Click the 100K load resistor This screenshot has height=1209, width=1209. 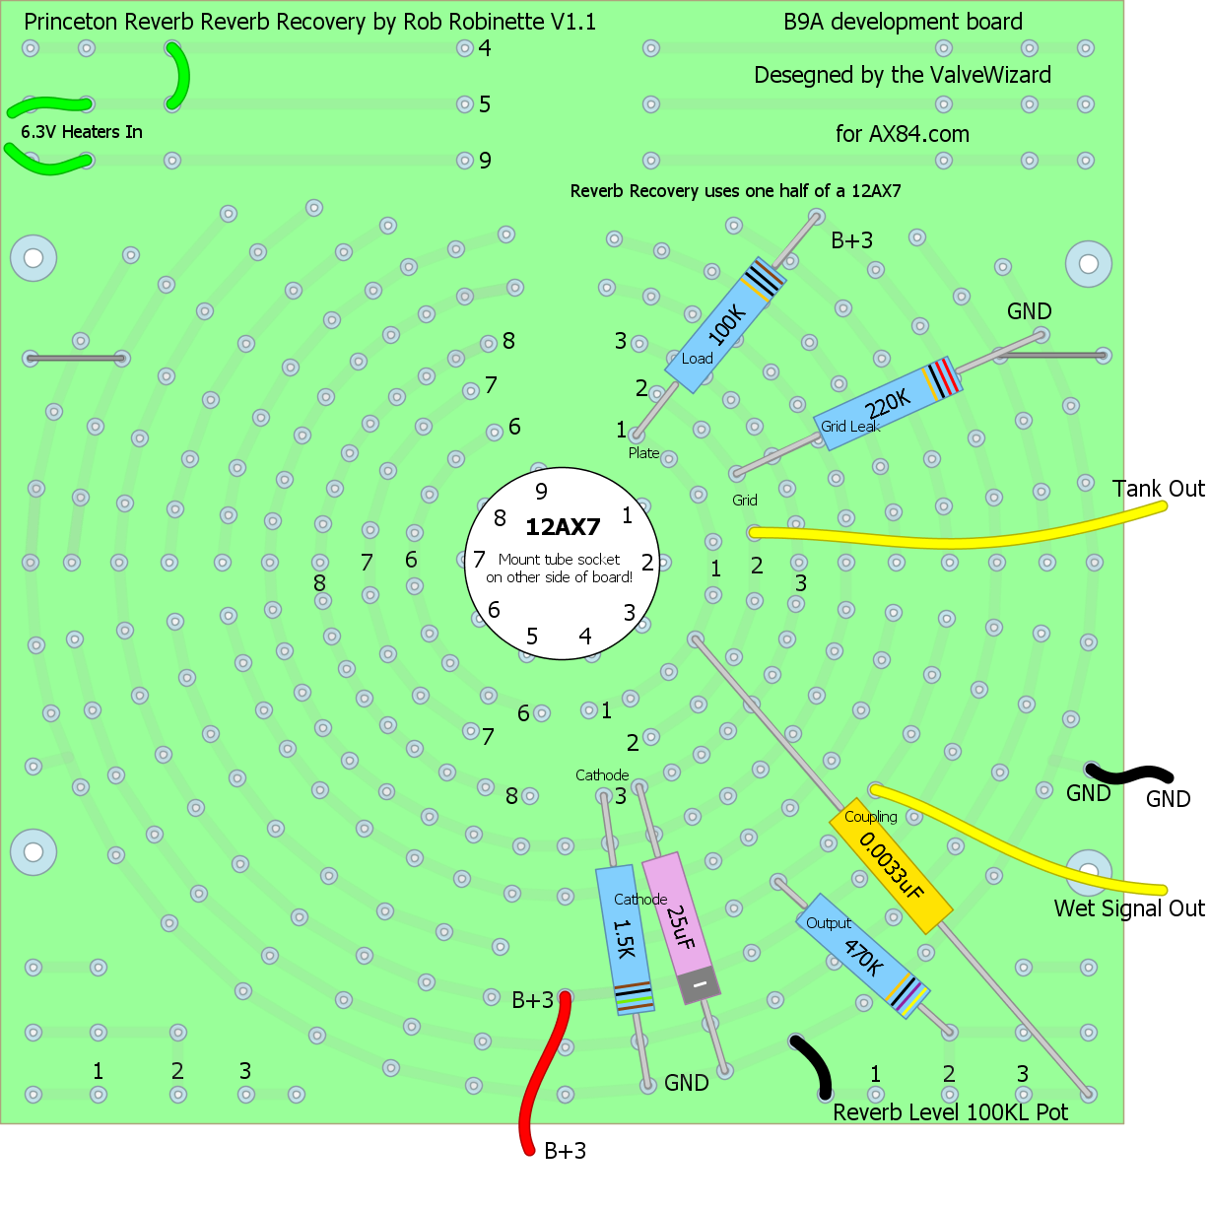click(x=724, y=325)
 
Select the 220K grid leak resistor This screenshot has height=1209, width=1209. click(x=888, y=405)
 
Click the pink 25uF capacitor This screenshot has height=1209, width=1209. click(x=680, y=927)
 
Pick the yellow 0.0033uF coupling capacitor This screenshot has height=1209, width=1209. click(x=891, y=866)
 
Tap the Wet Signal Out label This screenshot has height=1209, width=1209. click(x=1129, y=908)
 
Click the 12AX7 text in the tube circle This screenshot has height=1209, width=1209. click(x=562, y=527)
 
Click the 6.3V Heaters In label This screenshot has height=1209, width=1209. click(x=82, y=132)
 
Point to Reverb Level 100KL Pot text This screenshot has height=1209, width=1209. click(x=950, y=1112)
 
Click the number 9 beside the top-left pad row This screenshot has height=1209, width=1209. click(x=485, y=161)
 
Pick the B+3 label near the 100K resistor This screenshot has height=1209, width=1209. click(x=851, y=240)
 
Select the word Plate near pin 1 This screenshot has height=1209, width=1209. click(x=643, y=453)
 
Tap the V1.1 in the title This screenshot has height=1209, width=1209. click(x=575, y=22)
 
